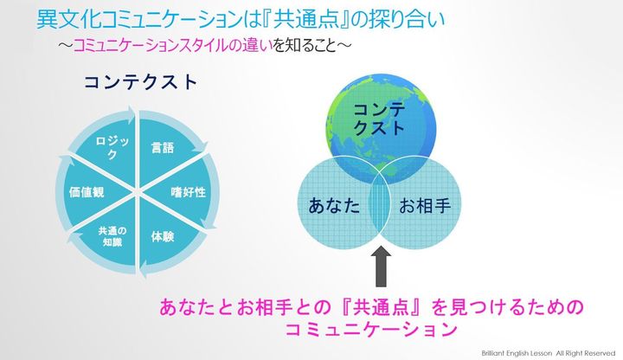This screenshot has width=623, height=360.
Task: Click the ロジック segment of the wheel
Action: click(112, 148)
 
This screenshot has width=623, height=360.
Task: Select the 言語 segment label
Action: click(163, 148)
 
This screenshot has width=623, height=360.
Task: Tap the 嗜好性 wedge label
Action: click(189, 192)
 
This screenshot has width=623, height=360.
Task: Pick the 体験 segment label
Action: click(163, 237)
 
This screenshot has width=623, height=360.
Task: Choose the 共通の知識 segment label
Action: click(112, 236)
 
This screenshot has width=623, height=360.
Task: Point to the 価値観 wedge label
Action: click(87, 192)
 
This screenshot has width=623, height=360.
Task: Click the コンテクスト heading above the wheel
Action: click(141, 82)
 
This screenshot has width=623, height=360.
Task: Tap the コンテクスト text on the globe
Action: click(379, 119)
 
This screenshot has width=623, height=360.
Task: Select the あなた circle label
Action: click(334, 206)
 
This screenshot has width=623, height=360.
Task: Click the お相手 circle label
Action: click(425, 206)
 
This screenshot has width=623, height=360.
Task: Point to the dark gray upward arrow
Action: click(381, 267)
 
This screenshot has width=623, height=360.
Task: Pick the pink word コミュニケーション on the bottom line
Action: click(371, 330)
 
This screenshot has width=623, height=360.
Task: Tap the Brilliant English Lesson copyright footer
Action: click(549, 353)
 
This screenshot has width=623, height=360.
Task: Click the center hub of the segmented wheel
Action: click(138, 193)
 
